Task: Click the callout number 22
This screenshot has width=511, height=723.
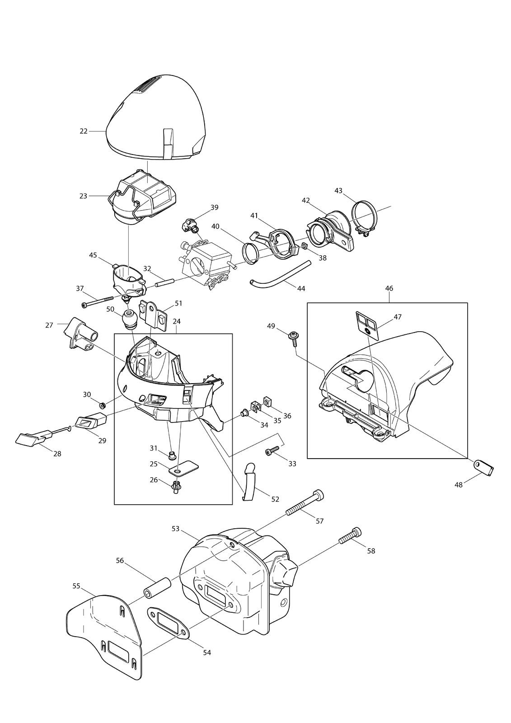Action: click(x=83, y=131)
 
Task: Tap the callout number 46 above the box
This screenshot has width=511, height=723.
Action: click(x=389, y=288)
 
